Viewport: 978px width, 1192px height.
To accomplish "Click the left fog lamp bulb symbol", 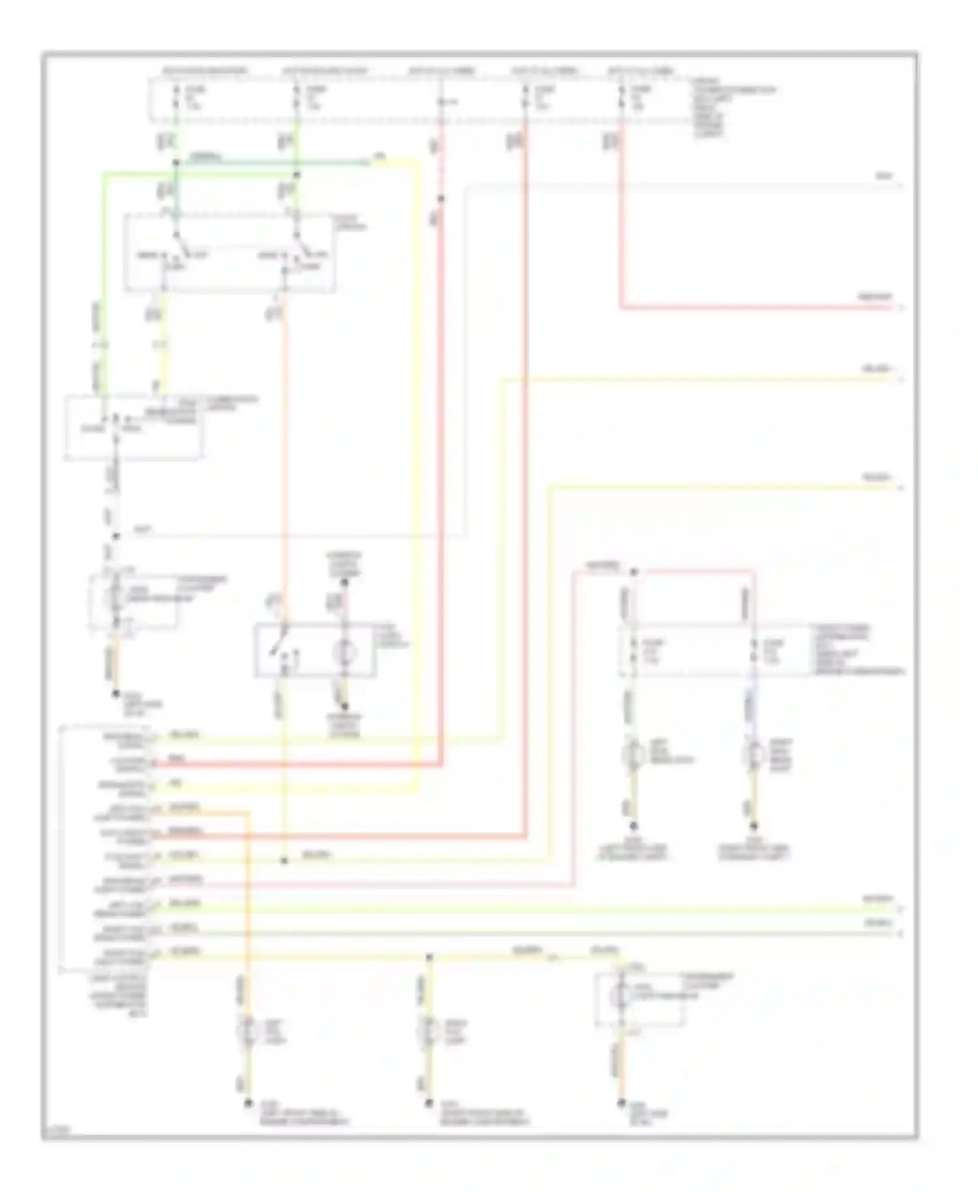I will pyautogui.click(x=248, y=1031).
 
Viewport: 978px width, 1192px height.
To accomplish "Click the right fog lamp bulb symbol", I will pyautogui.click(x=428, y=1031).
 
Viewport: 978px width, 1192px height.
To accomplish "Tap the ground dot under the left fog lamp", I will pyautogui.click(x=248, y=1103).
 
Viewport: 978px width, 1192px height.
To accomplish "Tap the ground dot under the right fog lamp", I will pyautogui.click(x=428, y=1103).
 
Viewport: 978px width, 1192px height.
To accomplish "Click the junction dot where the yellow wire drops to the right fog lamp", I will pyautogui.click(x=428, y=957).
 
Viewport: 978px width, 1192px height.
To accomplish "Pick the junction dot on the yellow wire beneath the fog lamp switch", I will pyautogui.click(x=284, y=861).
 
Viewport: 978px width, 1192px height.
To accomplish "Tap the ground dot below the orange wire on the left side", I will pyautogui.click(x=115, y=694).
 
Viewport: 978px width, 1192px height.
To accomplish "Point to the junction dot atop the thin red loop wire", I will pyautogui.click(x=633, y=573).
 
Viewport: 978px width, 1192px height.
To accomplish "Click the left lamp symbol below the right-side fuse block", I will pyautogui.click(x=632, y=756).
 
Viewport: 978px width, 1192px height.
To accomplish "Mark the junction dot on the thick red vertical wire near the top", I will pyautogui.click(x=441, y=198).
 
